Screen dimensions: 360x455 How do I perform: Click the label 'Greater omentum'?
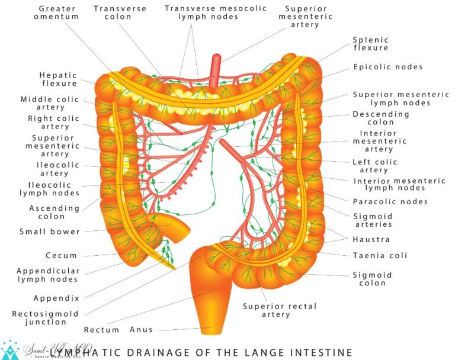58,13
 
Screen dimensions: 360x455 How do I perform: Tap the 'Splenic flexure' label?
370,43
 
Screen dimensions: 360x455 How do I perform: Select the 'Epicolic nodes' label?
388,67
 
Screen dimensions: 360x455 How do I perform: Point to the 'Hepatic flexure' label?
58,79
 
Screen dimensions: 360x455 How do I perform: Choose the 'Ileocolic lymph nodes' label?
49,189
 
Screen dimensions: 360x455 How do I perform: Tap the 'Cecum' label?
62,256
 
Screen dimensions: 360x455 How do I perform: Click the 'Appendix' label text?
56,298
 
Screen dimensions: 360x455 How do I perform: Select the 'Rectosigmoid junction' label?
39,318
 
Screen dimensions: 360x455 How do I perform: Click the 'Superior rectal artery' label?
280,310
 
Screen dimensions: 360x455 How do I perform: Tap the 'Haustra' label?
371,240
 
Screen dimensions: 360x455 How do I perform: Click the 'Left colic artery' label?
375,166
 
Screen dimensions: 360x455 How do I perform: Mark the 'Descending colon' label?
389,118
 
